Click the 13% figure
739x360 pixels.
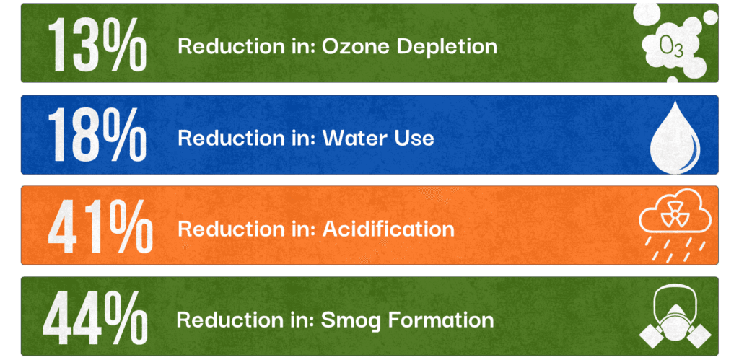coord(97,45)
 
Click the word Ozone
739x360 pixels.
coord(346,46)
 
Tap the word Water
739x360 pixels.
coord(354,138)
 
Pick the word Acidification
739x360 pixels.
coord(388,229)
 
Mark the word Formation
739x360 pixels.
coord(441,320)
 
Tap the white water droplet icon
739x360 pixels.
coord(675,137)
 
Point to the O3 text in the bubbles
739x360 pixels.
coord(671,46)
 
